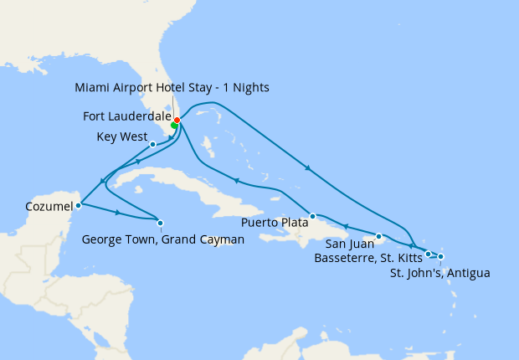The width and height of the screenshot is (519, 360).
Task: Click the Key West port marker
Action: coord(152,144)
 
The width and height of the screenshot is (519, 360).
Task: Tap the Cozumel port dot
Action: coord(78,204)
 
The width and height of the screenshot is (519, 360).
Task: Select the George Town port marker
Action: coord(160,222)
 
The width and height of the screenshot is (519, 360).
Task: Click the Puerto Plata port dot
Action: coord(311,216)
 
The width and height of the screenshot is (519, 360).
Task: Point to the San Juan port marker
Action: coord(379,236)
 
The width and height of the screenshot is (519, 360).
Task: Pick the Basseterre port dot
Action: coord(428,254)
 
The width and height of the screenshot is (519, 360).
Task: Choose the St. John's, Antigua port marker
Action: coord(441,256)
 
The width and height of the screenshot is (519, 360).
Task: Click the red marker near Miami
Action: coord(177,120)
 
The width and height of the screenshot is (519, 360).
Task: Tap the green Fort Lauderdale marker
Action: coord(174,125)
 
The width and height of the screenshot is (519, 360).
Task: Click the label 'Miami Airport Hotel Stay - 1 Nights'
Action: coord(172,87)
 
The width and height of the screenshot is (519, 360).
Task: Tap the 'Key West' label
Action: coord(121,136)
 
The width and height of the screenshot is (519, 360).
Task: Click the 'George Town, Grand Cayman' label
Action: coord(163,239)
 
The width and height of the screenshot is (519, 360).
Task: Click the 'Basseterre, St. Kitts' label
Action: coord(367,258)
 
